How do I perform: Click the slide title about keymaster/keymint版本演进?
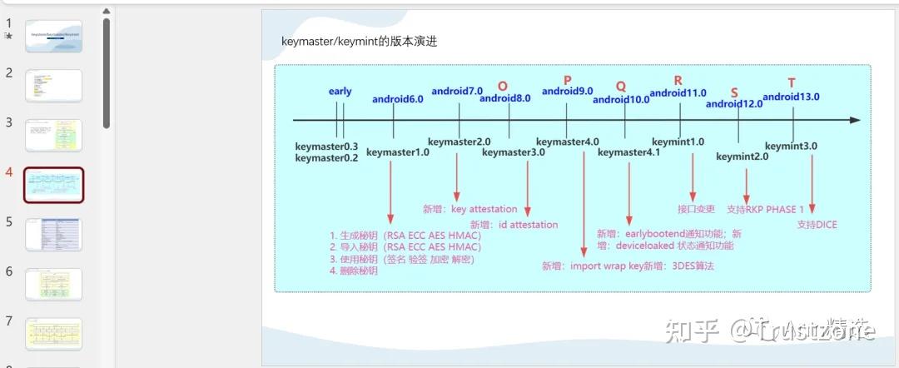[x=360, y=42]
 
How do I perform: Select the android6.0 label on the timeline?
[x=397, y=99]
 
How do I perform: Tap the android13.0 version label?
[x=791, y=97]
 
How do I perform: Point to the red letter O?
[x=502, y=86]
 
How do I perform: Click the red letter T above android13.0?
[x=792, y=82]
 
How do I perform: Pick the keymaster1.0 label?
[x=398, y=152]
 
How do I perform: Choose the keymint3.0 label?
[x=791, y=146]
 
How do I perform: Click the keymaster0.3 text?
[x=326, y=147]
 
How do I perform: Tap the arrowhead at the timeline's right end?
[x=855, y=121]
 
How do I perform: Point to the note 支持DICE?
[x=817, y=225]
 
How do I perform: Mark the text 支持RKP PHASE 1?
[x=765, y=209]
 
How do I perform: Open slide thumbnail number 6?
[x=53, y=284]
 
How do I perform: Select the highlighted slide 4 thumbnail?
[x=53, y=185]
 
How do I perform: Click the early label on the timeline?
[x=340, y=92]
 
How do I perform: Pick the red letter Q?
[x=621, y=87]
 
